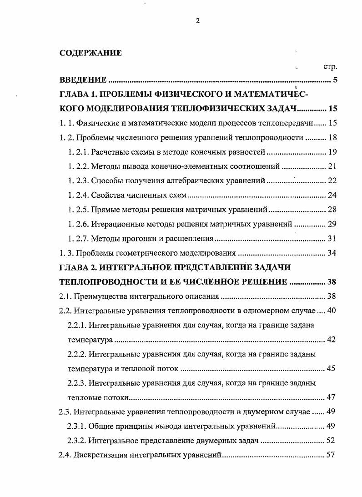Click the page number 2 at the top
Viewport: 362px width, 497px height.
coord(198,21)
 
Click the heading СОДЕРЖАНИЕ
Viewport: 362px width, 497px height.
coord(90,53)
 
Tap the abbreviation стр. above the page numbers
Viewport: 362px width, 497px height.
coord(330,67)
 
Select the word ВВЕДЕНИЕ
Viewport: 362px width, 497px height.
coord(83,81)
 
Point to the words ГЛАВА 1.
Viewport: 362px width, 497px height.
coord(78,95)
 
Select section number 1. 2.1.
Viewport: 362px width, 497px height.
coord(78,152)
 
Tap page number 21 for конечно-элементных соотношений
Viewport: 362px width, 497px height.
coord(332,166)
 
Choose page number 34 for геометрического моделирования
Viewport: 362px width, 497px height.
coord(332,253)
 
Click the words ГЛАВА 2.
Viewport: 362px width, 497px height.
coord(78,267)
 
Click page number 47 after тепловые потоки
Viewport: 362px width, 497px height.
coord(331,397)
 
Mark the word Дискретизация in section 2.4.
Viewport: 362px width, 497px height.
coord(101,455)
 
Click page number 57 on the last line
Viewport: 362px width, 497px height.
coord(331,455)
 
